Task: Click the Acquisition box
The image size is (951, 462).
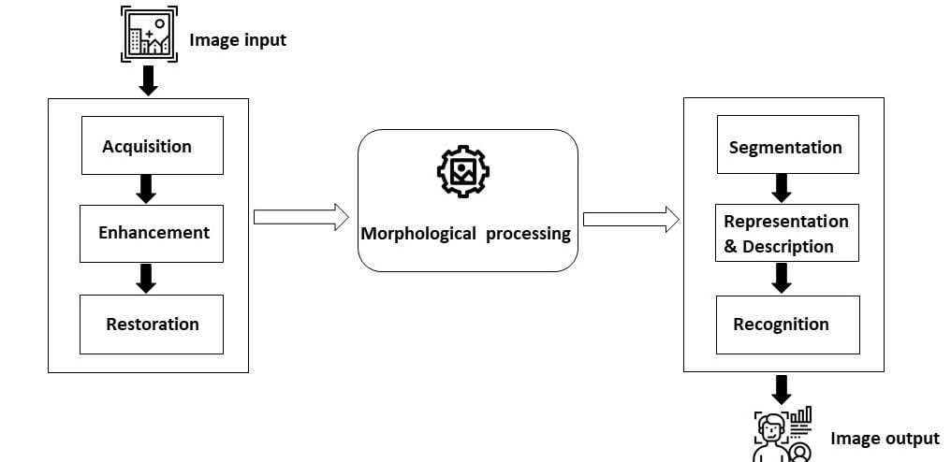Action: click(152, 146)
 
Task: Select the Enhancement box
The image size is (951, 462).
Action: click(152, 233)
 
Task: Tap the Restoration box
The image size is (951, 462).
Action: click(152, 325)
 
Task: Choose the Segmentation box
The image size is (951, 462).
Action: click(787, 145)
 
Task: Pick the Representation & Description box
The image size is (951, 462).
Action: click(787, 234)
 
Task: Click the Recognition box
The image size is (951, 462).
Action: click(787, 325)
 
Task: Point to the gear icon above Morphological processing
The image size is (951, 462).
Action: click(463, 171)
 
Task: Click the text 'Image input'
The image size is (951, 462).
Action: click(238, 40)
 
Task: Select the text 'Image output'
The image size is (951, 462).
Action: click(885, 439)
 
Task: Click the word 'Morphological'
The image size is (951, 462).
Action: click(418, 234)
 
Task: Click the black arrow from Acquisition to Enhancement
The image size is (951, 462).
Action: click(145, 189)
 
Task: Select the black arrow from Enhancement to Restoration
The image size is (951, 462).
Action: click(145, 278)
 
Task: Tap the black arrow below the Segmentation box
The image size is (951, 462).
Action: click(782, 188)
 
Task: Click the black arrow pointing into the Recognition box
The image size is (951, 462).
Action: click(782, 277)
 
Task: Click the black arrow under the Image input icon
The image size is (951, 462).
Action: click(147, 80)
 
